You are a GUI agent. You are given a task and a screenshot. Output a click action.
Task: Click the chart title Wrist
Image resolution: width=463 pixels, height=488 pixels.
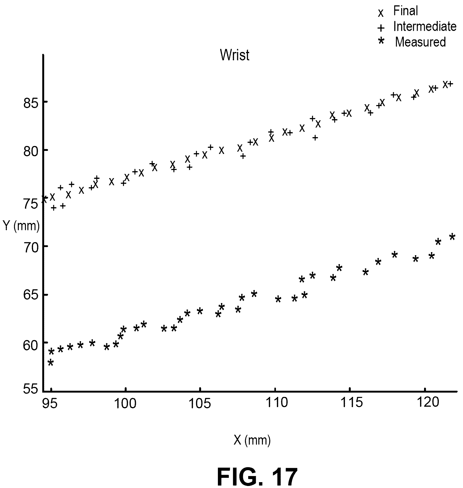234,55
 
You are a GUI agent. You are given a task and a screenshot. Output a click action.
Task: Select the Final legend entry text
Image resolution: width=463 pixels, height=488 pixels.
406,11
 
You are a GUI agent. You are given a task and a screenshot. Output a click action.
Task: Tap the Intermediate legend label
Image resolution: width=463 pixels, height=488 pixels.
425,26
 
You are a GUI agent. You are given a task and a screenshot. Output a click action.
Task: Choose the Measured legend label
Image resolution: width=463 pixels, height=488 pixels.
420,42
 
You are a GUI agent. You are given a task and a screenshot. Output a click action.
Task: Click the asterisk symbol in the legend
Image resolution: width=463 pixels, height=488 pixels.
381,41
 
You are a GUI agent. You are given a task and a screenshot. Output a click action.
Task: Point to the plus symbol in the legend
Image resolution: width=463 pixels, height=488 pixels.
381,28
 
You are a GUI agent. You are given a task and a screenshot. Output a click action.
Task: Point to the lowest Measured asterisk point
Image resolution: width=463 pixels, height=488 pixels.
51,363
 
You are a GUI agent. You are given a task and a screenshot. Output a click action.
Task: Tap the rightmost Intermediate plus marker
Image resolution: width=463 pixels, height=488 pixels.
450,84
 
